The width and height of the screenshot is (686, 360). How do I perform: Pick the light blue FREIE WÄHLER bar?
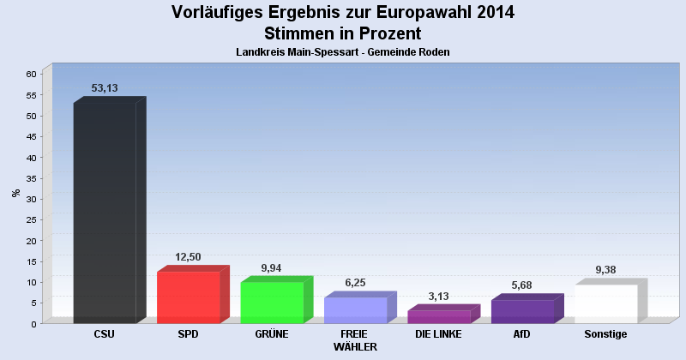click(355, 309)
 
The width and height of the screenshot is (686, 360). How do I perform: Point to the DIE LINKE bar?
click(438, 316)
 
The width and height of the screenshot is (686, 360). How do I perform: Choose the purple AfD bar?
click(521, 311)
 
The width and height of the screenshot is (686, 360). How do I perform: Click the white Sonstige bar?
click(605, 303)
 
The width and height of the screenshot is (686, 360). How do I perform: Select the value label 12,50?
click(188, 256)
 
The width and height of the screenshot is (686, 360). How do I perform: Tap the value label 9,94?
click(271, 267)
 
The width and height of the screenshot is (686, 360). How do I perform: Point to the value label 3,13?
click(438, 296)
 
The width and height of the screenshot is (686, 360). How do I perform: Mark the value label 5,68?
click(521, 285)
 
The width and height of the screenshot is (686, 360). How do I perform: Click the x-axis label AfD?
click(521, 333)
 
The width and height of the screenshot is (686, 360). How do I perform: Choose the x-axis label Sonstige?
click(605, 333)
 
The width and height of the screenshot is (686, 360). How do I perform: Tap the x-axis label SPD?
click(188, 333)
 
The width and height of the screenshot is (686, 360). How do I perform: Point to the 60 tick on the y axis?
click(31, 75)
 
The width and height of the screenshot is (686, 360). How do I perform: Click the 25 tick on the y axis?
click(31, 219)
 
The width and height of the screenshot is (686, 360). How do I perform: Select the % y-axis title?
click(15, 193)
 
